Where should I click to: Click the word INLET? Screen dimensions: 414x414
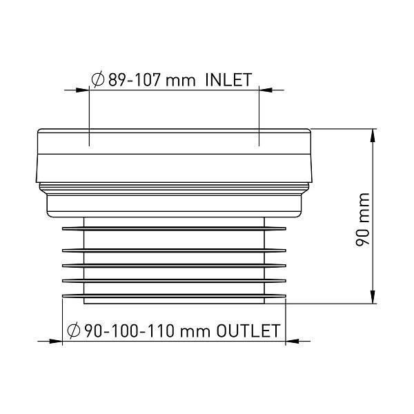[228, 80]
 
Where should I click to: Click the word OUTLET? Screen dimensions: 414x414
[248, 331]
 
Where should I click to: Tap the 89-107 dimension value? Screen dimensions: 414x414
[134, 80]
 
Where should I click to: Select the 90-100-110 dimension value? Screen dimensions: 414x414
[130, 331]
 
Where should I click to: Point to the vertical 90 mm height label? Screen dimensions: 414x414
[362, 220]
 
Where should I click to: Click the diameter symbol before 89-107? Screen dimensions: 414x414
[98, 80]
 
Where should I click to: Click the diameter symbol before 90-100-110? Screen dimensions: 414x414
[74, 331]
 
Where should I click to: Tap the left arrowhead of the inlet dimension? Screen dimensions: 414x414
[82, 90]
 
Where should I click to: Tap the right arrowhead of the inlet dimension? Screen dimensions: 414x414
[266, 90]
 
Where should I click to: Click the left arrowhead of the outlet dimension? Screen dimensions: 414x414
[55, 341]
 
